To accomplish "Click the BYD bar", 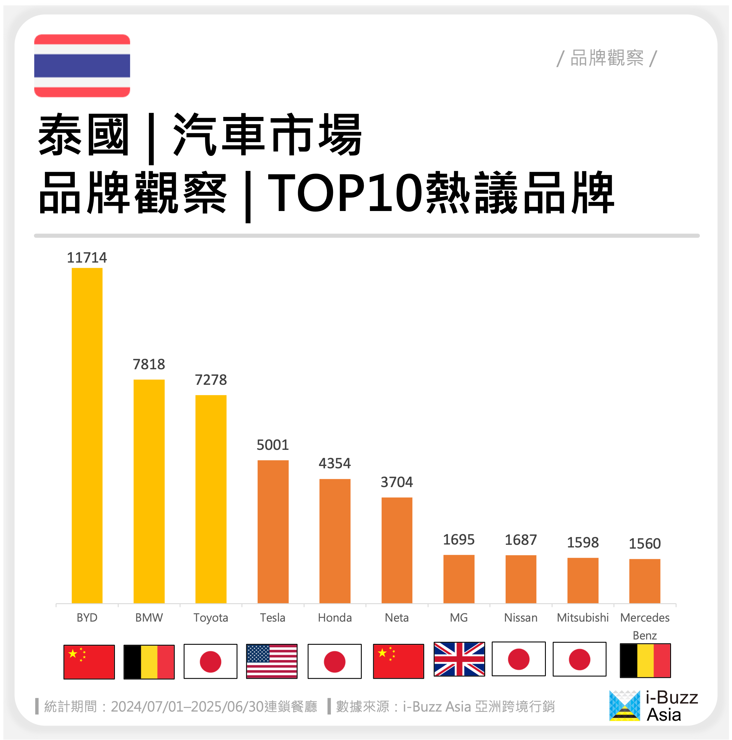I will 87,436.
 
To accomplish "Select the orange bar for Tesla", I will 273,532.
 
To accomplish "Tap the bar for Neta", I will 397,550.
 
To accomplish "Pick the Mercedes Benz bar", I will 645,581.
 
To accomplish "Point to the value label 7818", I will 149,364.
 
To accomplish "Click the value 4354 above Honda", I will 335,463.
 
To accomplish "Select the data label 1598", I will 582,542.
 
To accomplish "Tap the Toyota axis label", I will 211,617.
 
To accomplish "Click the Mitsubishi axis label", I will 582,617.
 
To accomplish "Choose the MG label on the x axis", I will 458,617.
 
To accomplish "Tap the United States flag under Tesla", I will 271,661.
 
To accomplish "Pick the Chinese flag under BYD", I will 89,662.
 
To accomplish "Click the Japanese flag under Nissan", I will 518,659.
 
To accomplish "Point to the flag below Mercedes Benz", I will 645,660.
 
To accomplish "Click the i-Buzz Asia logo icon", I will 624,705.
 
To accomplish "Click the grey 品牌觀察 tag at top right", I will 607,58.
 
